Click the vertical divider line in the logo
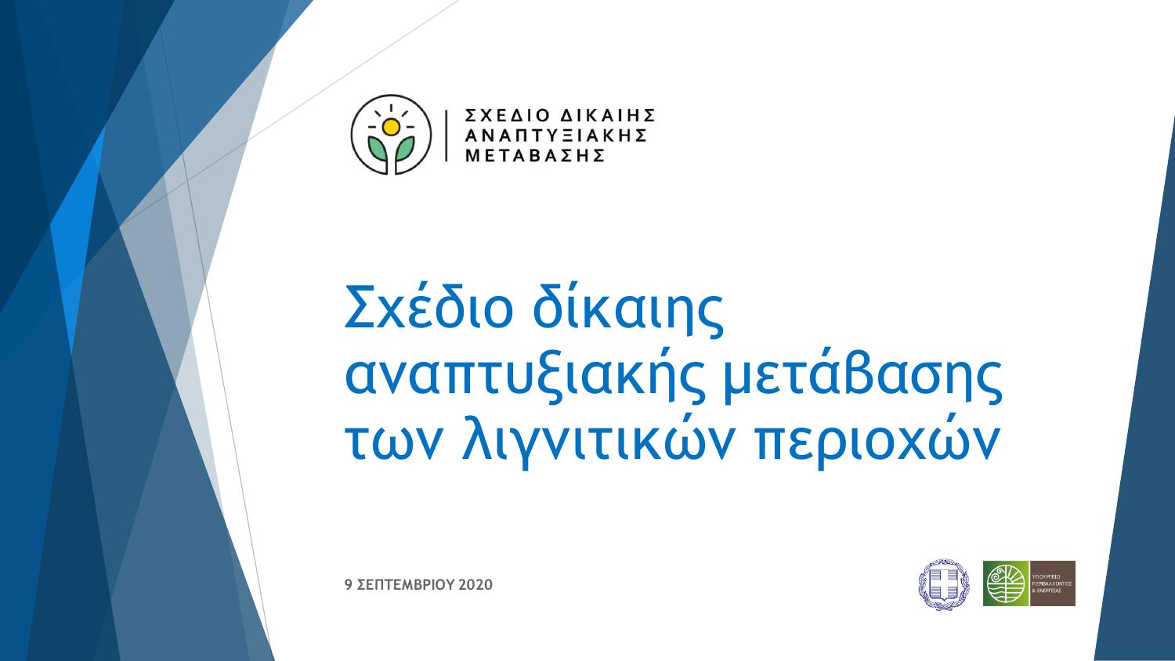click(x=446, y=135)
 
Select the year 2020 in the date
click(x=475, y=585)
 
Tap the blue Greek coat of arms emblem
click(x=943, y=583)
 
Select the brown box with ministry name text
click(x=1052, y=583)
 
